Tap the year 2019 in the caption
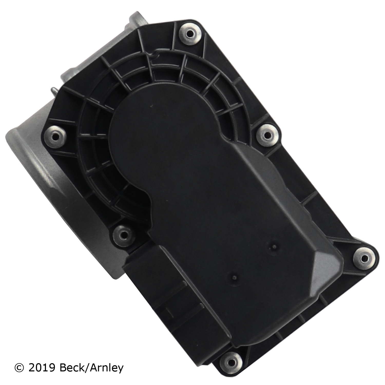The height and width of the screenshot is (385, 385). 42,368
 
